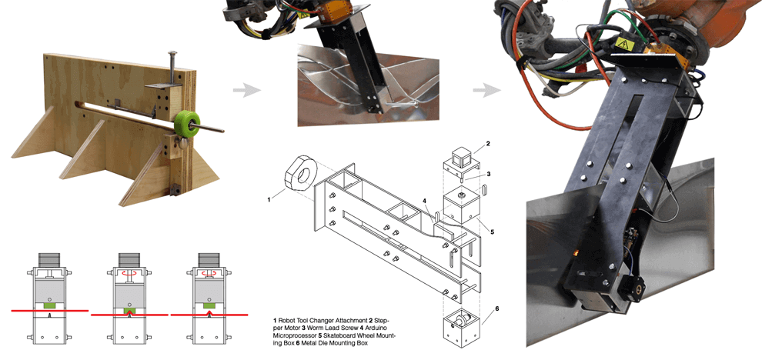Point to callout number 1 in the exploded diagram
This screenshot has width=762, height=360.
click(269, 199)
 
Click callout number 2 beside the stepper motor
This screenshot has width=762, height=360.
click(487, 144)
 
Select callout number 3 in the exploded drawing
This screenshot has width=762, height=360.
click(487, 175)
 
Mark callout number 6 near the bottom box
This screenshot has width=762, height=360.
click(496, 308)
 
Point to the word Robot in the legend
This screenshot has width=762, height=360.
click(291, 319)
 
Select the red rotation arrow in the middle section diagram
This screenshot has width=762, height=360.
click(128, 272)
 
